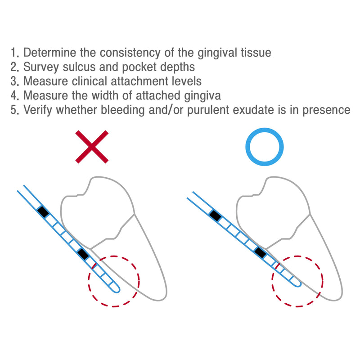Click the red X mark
tap(92, 147)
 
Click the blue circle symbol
tap(265, 147)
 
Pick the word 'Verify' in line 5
tap(41, 110)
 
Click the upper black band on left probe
tap(43, 211)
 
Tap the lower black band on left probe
tap(83, 254)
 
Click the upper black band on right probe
tap(216, 216)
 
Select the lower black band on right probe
tap(261, 252)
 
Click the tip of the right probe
tap(297, 283)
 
